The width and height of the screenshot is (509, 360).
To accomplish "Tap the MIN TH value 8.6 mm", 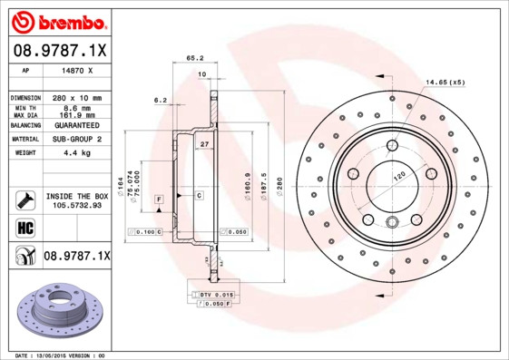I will click(x=74, y=107).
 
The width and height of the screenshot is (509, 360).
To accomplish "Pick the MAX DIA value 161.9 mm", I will click(x=74, y=115).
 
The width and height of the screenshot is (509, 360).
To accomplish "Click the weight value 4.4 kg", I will click(x=74, y=153).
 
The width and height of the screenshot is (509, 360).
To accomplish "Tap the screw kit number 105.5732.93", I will click(x=76, y=206).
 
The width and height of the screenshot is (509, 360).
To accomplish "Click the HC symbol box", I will click(x=23, y=228).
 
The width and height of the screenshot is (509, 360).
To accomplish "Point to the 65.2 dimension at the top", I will click(x=194, y=57).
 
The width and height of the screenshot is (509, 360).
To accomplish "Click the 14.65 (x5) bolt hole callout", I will click(x=445, y=83).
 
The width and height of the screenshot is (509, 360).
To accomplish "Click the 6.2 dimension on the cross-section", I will click(x=160, y=99).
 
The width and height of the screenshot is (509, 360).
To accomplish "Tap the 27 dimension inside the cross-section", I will click(x=204, y=144).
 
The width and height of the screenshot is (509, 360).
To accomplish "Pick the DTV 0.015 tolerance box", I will click(x=217, y=295).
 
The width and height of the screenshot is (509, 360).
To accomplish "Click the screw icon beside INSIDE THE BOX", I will click(x=23, y=200).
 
